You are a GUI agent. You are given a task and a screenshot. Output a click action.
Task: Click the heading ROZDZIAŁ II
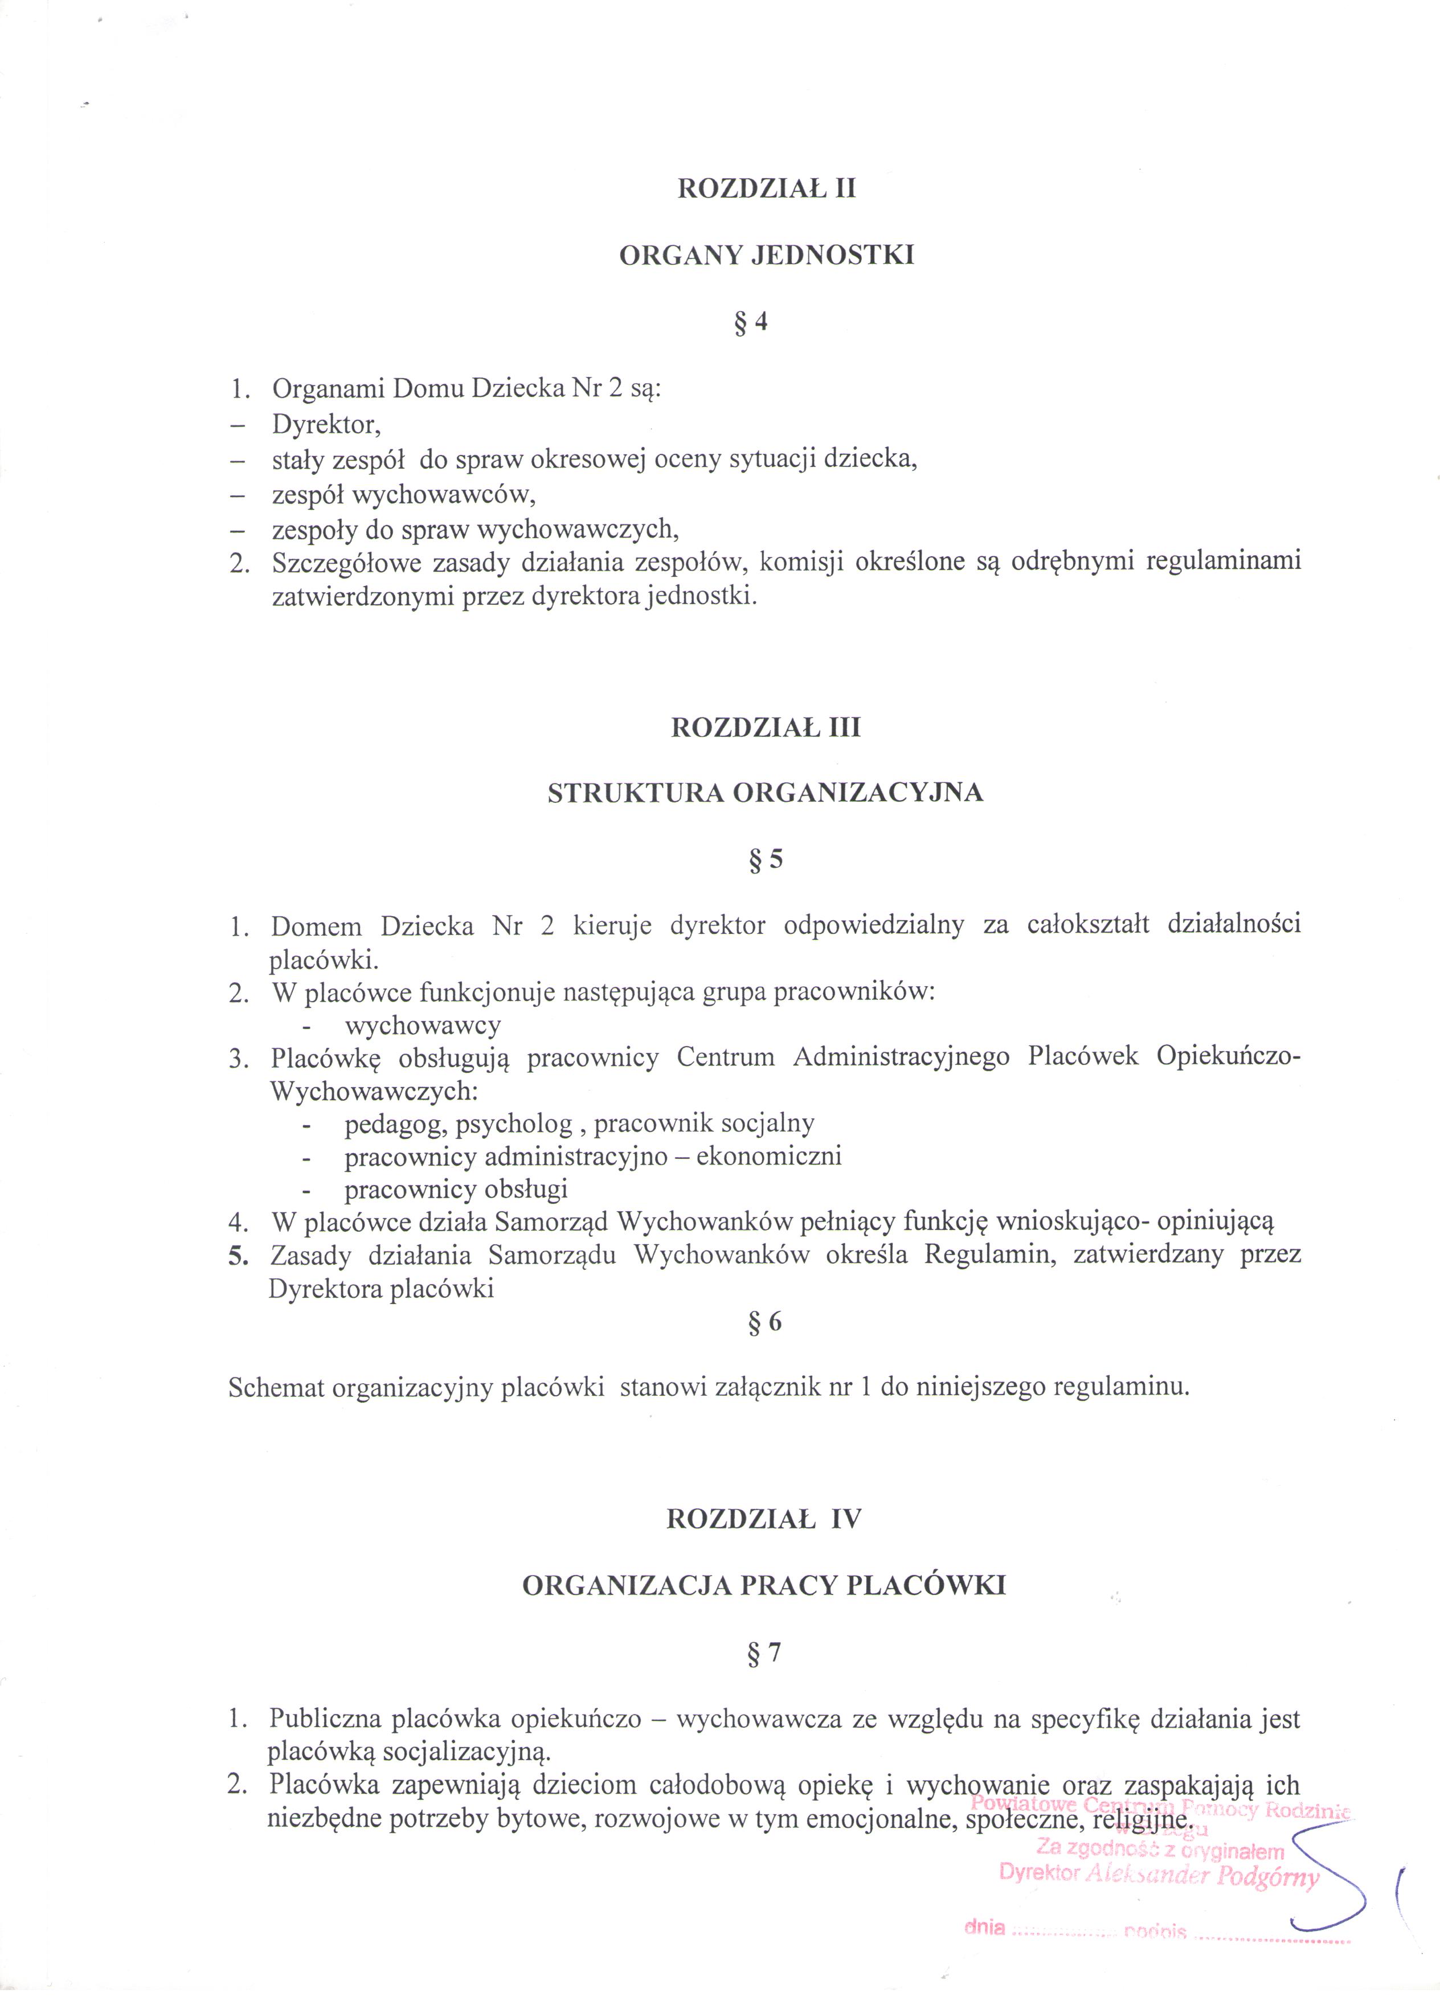(x=766, y=189)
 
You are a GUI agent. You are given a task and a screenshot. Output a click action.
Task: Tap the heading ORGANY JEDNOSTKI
(x=766, y=255)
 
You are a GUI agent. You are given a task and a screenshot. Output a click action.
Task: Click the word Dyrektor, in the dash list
(x=326, y=424)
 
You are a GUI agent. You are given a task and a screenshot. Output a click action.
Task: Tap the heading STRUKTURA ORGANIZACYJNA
(x=766, y=793)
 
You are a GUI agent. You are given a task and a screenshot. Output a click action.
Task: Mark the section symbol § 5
(x=766, y=859)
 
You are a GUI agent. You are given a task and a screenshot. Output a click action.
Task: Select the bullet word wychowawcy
(x=423, y=1026)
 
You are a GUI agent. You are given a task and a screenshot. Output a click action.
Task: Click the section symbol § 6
(x=764, y=1323)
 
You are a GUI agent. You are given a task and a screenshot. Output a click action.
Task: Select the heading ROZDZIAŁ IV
(x=764, y=1520)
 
